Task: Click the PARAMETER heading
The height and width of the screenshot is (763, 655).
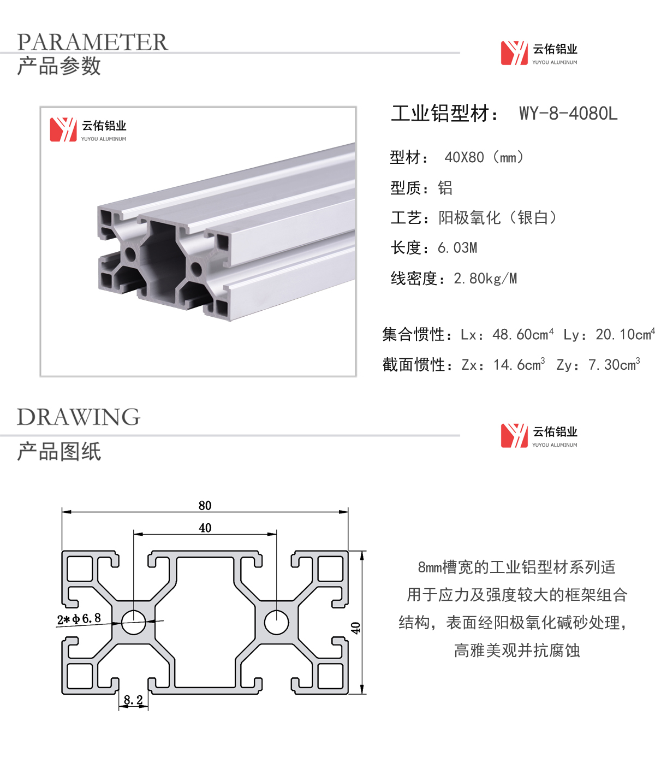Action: pos(92,42)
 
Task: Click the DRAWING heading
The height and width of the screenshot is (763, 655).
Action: pos(79,417)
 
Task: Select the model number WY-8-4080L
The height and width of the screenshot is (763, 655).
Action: pos(568,113)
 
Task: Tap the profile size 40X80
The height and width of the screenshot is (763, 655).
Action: pos(464,158)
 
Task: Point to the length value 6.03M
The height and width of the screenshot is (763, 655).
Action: pos(457,248)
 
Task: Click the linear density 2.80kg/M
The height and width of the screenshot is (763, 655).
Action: pos(485,279)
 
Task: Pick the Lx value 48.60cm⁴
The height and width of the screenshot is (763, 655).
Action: pos(523,334)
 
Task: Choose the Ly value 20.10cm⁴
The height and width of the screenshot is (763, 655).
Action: pos(625,334)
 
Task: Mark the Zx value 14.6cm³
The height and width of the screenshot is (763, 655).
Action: pos(519,364)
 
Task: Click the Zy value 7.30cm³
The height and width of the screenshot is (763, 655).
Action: pos(614,364)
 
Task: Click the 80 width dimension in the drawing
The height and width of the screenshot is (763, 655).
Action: pos(205,505)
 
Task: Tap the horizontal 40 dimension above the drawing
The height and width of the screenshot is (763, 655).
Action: pos(205,528)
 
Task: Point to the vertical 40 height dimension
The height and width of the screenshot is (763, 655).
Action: pos(355,628)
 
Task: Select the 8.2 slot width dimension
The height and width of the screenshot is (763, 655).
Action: pos(133,700)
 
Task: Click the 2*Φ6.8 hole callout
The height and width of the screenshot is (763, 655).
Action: pos(79,619)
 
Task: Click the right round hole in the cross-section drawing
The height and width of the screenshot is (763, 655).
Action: pos(276,622)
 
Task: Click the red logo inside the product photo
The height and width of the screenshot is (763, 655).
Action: pos(63,129)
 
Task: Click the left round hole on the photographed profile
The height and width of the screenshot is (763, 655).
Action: pos(130,254)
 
